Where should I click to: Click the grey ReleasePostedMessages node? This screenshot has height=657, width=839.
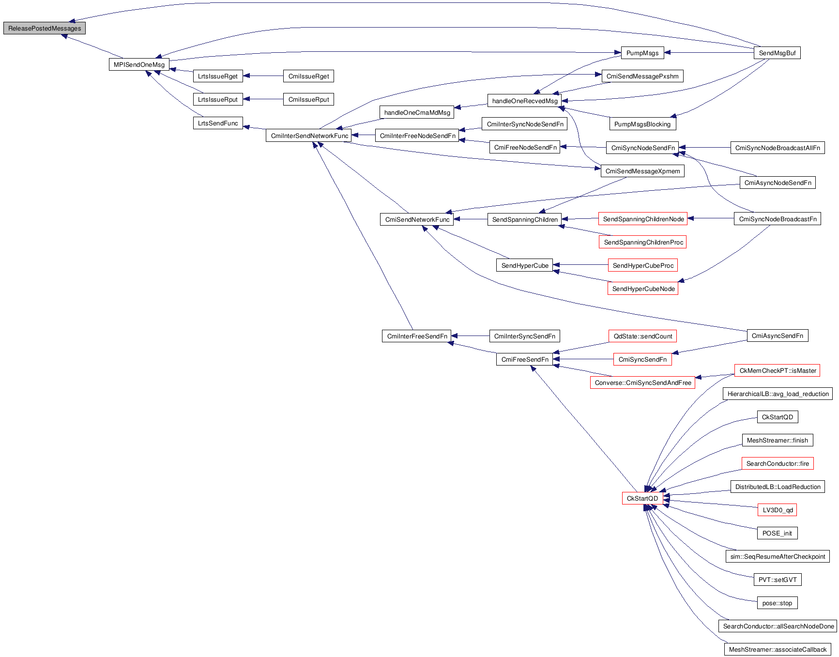[45, 28]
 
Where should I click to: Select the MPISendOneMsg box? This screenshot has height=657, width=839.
[139, 64]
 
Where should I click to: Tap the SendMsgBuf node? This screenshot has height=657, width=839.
[777, 53]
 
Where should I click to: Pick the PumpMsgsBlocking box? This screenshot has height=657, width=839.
[642, 124]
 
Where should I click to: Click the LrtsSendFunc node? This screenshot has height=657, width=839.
[218, 123]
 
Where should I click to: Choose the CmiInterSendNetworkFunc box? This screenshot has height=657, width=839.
[309, 136]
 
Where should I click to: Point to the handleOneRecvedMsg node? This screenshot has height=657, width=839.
[524, 101]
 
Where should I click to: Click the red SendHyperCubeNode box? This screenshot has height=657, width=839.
[643, 289]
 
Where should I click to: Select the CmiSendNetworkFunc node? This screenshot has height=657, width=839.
[417, 219]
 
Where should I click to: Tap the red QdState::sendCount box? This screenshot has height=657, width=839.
[642, 336]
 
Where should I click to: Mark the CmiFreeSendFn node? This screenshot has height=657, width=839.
[524, 359]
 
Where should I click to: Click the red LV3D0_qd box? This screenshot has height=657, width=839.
[777, 510]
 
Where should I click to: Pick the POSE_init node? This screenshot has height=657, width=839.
[777, 533]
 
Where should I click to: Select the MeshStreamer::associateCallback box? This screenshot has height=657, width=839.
[777, 649]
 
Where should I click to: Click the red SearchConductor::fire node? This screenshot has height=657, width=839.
[777, 463]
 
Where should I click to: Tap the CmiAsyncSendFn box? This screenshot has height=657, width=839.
[777, 336]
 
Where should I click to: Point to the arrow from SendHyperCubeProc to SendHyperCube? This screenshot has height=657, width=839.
[580, 265]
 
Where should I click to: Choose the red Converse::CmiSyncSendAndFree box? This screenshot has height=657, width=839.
[642, 382]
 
